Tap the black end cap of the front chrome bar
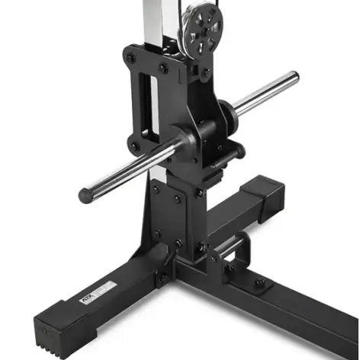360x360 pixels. point(86,196)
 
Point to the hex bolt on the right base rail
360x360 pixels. point(261,284)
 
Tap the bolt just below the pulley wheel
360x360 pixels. point(204,74)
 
